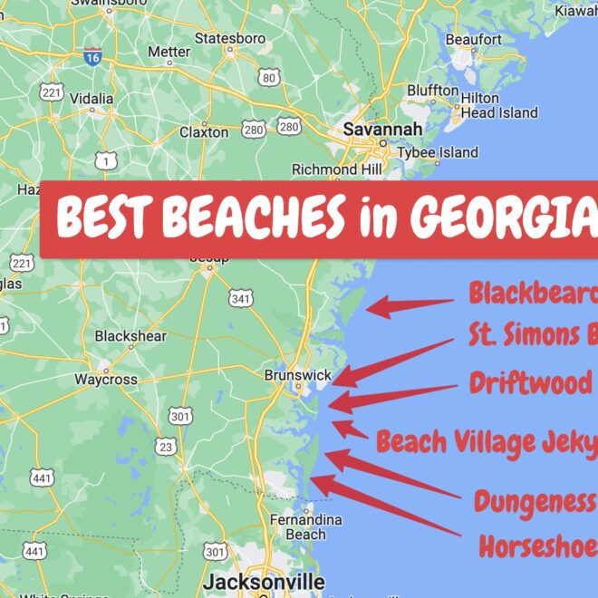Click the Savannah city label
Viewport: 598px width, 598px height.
coord(381,130)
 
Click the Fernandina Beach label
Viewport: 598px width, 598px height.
coord(305,527)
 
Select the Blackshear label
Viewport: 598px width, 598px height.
coord(130,336)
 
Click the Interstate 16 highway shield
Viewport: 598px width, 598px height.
coord(92,56)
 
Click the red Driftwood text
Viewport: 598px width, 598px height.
coord(531,382)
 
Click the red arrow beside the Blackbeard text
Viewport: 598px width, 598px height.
coord(408,306)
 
